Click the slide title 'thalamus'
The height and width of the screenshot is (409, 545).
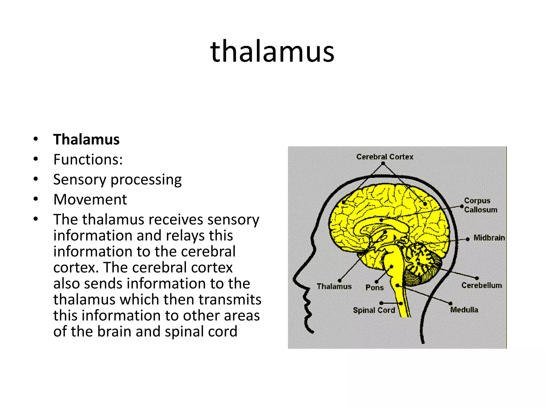272,51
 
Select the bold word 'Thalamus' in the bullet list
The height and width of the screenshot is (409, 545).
86,139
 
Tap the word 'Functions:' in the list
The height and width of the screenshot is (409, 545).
88,159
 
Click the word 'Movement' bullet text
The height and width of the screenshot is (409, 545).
90,199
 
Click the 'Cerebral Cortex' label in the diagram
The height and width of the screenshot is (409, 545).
385,157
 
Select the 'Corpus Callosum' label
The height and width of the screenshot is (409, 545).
480,205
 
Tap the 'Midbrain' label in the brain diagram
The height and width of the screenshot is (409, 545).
489,238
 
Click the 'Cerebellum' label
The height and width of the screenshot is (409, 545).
481,285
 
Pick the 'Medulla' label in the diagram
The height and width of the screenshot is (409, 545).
464,310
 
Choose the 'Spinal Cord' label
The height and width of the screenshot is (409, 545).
374,310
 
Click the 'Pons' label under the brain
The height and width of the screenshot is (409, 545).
374,288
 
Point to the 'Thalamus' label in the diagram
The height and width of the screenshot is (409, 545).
334,287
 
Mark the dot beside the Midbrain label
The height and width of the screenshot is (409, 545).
468,239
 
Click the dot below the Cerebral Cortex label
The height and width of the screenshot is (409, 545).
383,163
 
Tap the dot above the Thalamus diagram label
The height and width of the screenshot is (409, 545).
340,280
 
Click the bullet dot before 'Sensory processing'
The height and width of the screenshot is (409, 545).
36,179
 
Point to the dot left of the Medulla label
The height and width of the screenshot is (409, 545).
450,303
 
